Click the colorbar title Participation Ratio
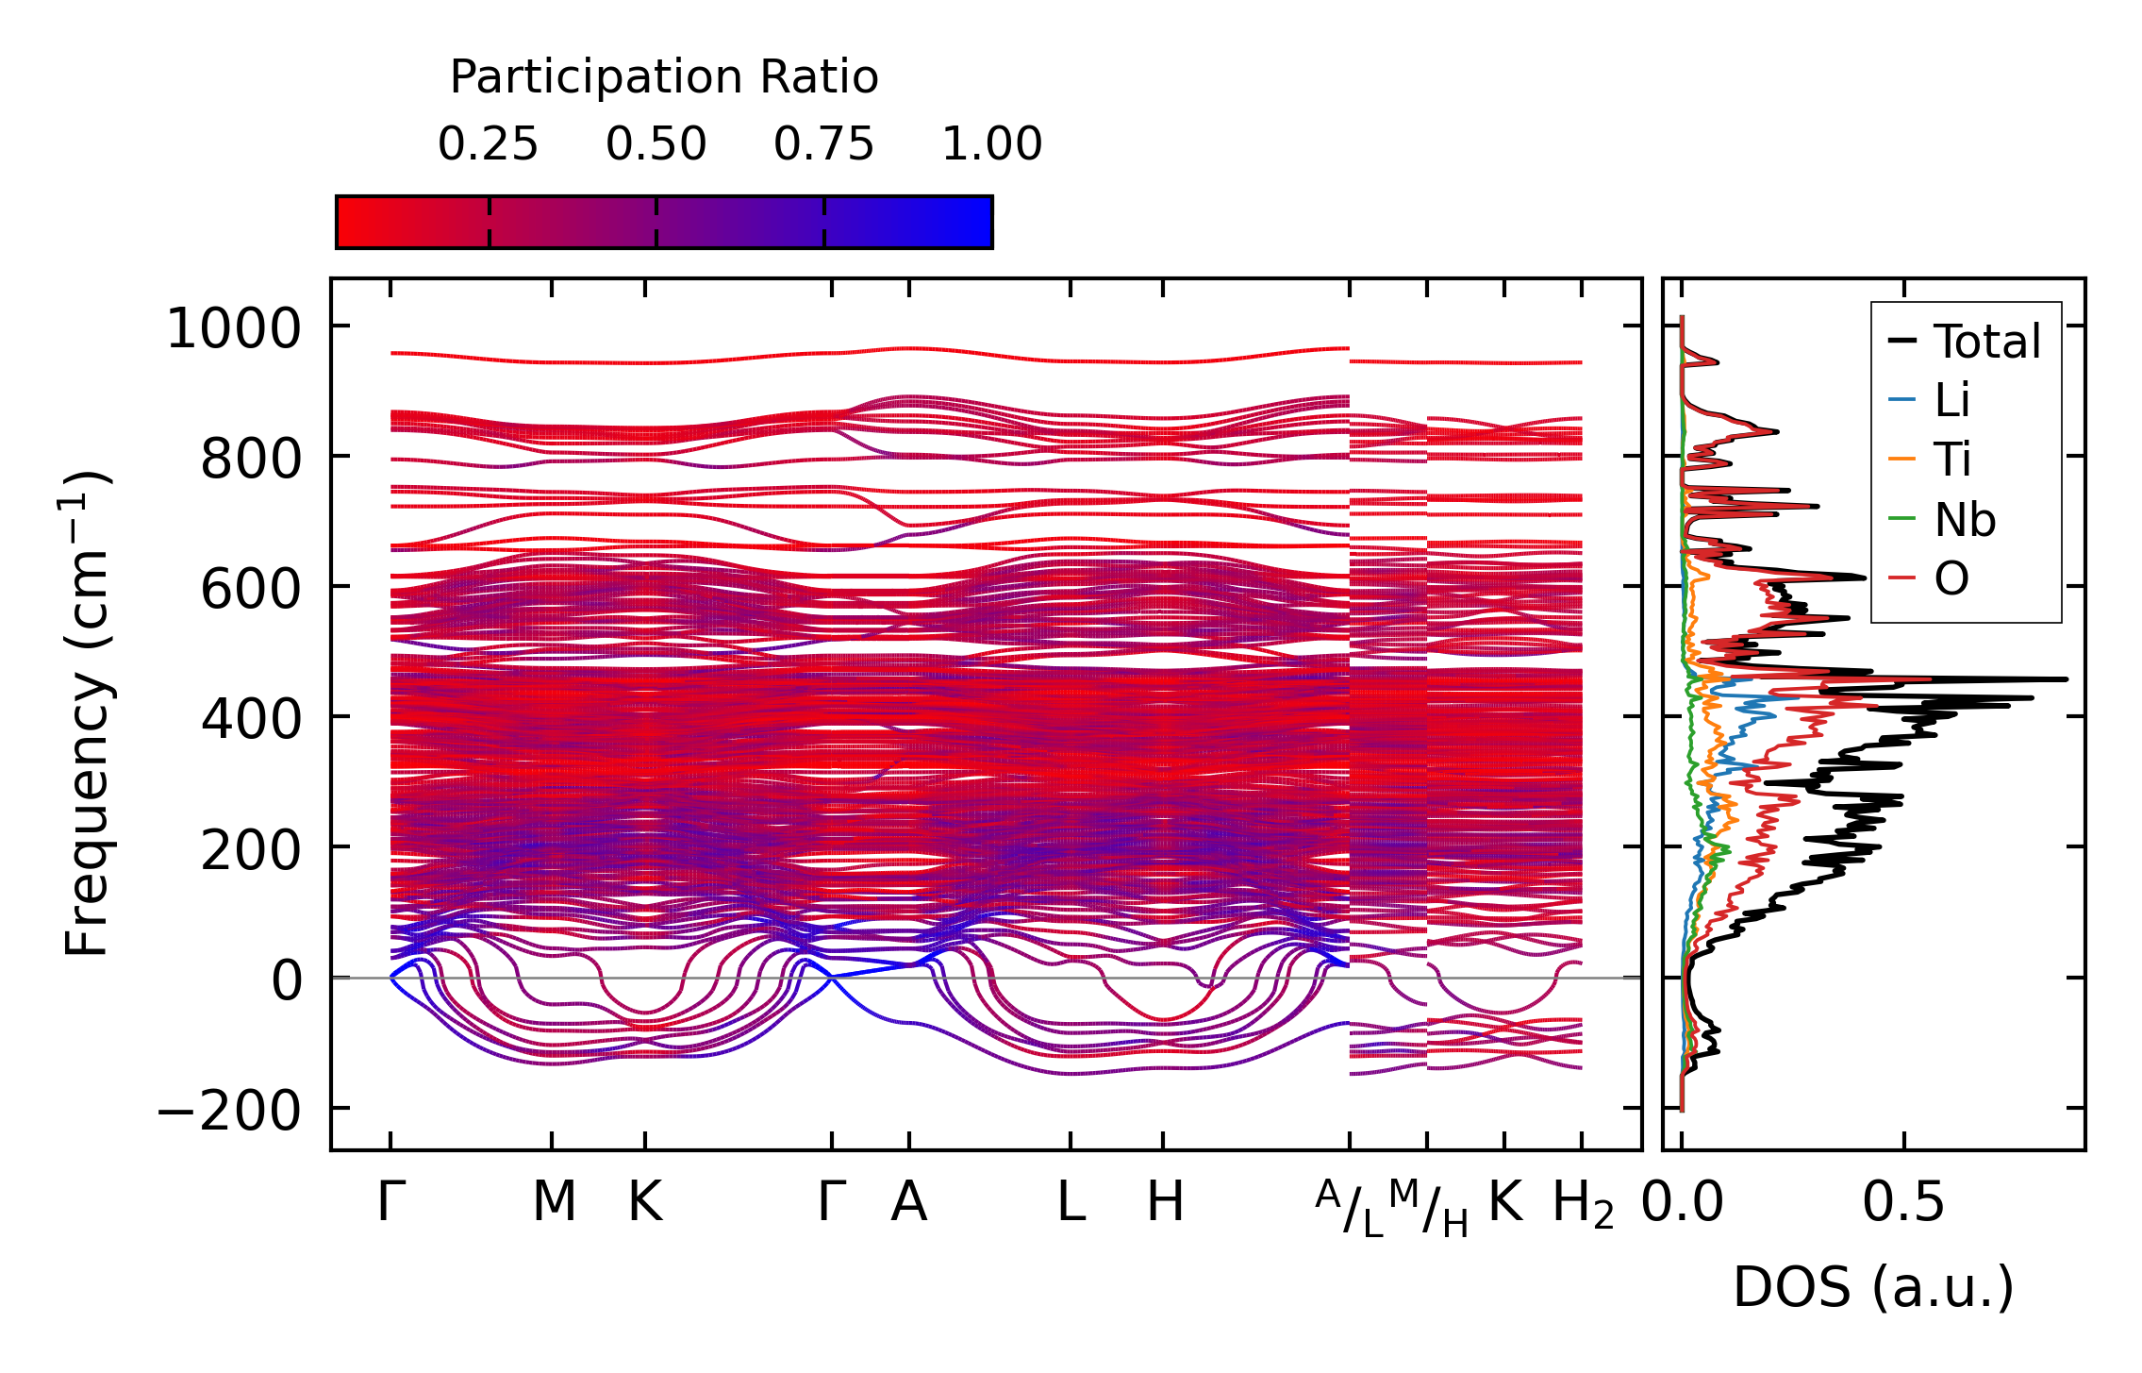pos(664,77)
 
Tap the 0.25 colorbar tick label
pos(488,145)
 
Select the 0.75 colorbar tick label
pos(823,145)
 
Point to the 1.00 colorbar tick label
pos(992,145)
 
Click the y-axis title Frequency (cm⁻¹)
pos(88,713)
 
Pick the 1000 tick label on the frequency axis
pos(233,330)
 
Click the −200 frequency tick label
pos(228,1112)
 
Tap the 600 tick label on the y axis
pos(250,591)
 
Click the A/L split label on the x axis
pos(1350,1208)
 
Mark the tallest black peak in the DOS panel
pos(2067,679)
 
